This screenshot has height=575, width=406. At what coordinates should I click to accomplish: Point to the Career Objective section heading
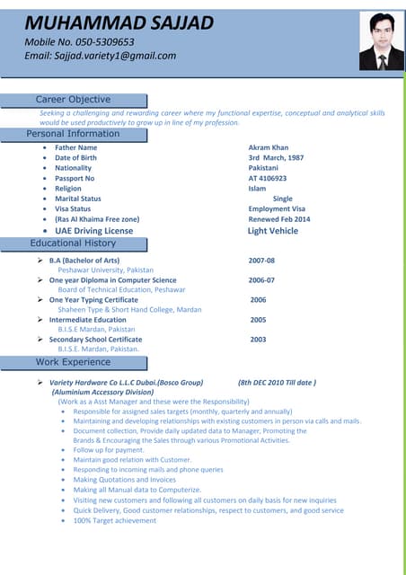coord(73,99)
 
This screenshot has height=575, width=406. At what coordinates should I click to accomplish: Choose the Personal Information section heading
coord(73,134)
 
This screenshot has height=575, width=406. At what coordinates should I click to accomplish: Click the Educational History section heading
coord(73,243)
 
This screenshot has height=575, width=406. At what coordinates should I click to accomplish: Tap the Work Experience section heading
coord(73,362)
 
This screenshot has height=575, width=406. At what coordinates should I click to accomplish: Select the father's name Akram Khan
coord(268,147)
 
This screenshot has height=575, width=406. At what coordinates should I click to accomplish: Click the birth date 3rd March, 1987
coord(276,158)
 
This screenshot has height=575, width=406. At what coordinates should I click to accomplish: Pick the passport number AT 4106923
coord(268,178)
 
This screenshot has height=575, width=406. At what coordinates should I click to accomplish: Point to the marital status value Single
coord(282,199)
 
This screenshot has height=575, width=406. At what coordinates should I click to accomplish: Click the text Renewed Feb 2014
coord(278,219)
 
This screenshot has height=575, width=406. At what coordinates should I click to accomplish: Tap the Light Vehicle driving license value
coord(272,231)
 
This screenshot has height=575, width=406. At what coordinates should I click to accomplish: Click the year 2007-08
coord(261,260)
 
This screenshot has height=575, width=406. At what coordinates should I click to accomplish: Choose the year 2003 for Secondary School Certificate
coord(258,340)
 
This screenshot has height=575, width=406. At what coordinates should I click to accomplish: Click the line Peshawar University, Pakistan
coord(105,270)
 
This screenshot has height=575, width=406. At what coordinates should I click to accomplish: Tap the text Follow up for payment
coord(109,449)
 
